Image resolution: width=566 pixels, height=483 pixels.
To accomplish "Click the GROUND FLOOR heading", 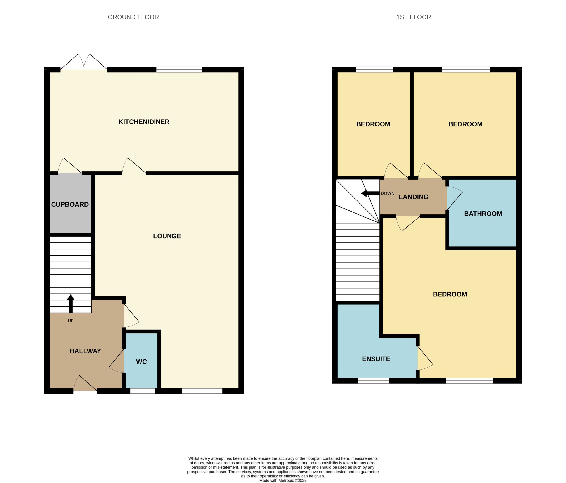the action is (x=133, y=17).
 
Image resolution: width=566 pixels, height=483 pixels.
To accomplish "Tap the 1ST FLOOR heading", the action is (x=414, y=17).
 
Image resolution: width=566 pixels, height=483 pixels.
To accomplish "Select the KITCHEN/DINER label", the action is (x=144, y=122).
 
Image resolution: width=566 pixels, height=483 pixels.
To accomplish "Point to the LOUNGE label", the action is (x=167, y=236).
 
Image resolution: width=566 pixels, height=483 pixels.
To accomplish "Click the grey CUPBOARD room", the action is (x=70, y=204).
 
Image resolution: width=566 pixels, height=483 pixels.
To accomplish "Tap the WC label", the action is (x=141, y=362).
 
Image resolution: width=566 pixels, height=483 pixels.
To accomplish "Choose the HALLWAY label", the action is (x=85, y=351).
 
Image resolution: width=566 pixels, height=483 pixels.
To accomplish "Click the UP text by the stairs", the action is (x=71, y=321).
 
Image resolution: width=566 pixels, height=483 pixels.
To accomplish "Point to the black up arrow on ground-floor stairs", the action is (x=71, y=303).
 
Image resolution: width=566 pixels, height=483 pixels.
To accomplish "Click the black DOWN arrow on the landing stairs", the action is (x=370, y=193).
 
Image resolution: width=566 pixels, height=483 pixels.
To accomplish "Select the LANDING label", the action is (x=414, y=197).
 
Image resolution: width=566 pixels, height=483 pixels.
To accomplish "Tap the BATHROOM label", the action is (x=483, y=214).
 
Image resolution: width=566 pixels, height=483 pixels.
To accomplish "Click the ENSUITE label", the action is (x=376, y=359).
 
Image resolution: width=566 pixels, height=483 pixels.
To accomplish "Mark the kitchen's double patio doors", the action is (x=84, y=62).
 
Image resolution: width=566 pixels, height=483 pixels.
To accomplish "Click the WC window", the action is (x=143, y=391).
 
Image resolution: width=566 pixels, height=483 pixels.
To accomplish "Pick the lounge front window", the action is (x=202, y=391).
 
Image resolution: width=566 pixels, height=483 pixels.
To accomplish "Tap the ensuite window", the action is (x=373, y=381).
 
